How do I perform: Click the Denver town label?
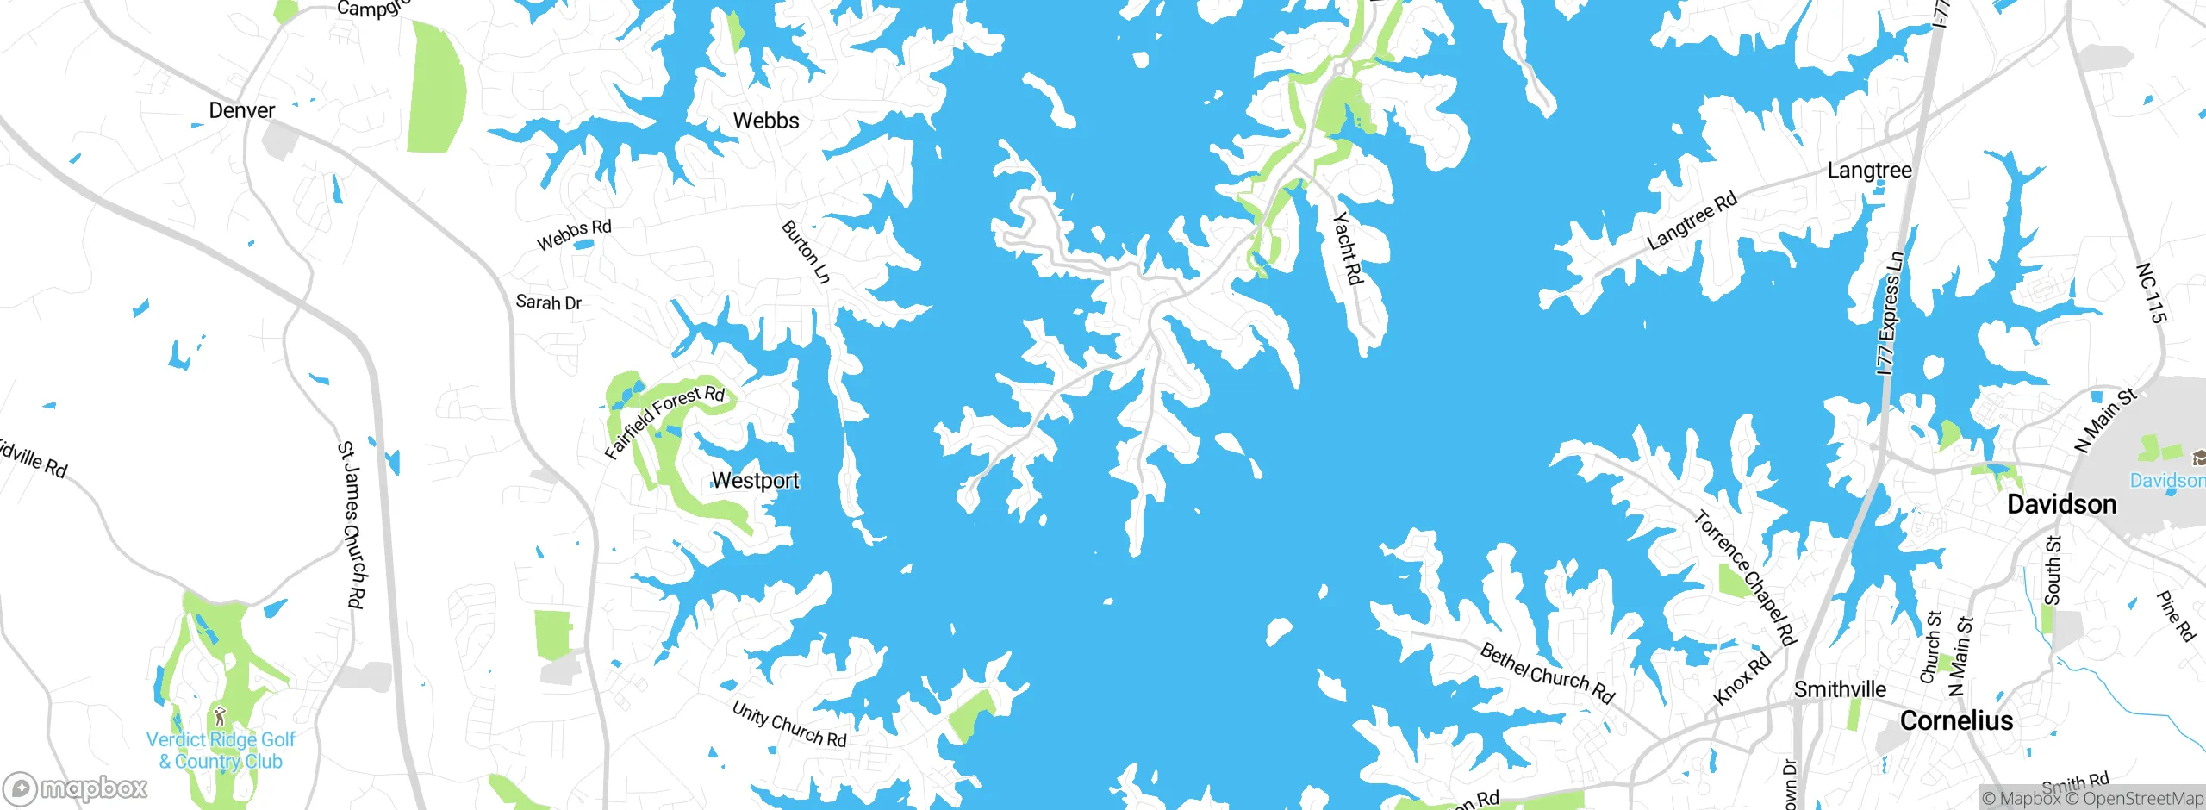point(241,110)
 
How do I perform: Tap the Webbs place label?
point(766,121)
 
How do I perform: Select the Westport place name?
point(756,481)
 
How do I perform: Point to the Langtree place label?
point(1869,171)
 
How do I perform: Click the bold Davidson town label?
point(2061,504)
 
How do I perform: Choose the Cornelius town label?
point(1956,720)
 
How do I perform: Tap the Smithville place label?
point(1840,689)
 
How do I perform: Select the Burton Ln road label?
point(806,252)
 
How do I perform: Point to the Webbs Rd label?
point(574,234)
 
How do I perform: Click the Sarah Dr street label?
point(548,302)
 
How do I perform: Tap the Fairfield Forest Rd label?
point(664,421)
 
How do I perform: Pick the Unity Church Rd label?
point(788,724)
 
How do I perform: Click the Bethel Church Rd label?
point(1547,673)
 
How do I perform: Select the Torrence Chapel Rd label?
point(1745,578)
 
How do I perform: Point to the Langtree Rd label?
point(1692,221)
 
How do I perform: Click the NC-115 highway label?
point(2152,293)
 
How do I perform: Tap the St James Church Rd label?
point(351,525)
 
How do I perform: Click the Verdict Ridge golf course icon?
point(220,714)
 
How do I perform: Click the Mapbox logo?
point(76,788)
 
